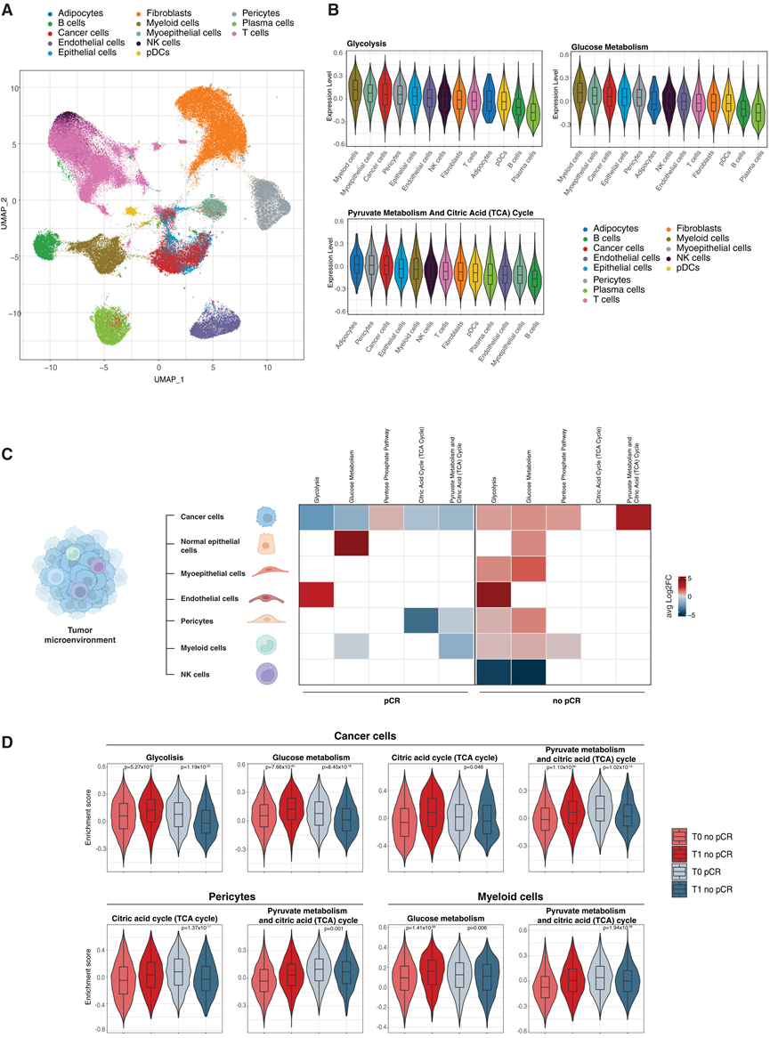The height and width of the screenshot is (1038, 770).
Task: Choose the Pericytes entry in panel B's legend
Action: tap(607, 280)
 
